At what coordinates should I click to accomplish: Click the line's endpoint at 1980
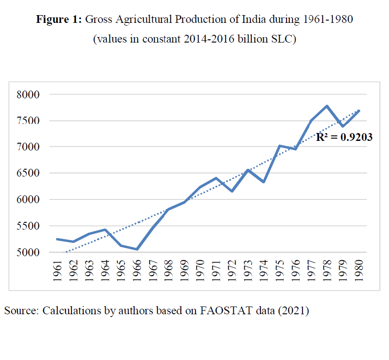358,111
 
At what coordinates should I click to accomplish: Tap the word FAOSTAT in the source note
223,311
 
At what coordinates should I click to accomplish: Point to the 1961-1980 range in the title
327,20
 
